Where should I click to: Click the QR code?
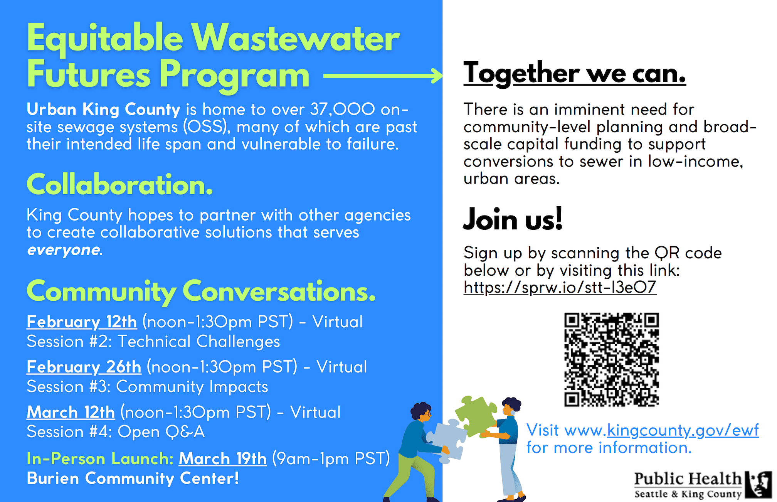(611, 360)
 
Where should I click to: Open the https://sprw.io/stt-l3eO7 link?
(560, 288)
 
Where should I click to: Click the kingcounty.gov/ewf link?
(683, 430)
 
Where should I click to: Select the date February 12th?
(82, 322)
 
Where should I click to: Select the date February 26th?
(84, 367)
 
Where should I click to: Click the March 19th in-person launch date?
(222, 459)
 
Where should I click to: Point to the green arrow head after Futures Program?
(437, 76)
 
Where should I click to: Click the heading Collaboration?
(119, 185)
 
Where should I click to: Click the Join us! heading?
(513, 219)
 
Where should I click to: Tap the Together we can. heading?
(574, 73)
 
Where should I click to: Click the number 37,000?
(342, 109)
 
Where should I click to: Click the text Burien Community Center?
(133, 478)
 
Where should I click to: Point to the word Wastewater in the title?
(296, 38)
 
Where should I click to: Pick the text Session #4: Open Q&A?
(116, 432)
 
